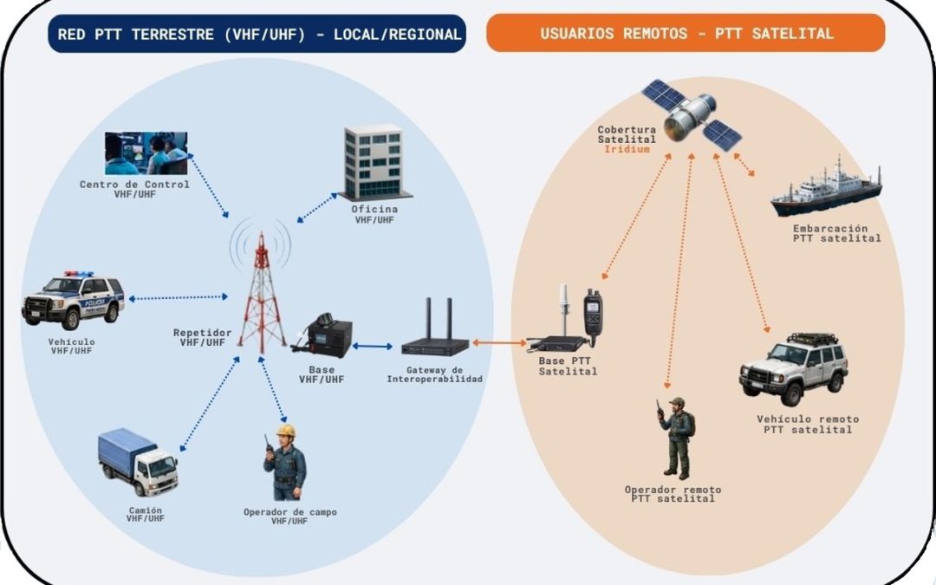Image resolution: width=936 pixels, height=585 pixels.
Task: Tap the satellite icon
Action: [692, 114]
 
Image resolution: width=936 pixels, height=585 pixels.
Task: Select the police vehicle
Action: [73, 300]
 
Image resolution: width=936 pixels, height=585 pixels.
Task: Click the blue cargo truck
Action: [138, 461]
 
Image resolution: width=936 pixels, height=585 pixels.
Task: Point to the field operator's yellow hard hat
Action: [286, 431]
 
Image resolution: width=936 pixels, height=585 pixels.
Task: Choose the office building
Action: [374, 162]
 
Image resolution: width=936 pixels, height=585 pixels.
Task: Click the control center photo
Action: [146, 153]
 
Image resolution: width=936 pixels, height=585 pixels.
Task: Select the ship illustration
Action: [826, 187]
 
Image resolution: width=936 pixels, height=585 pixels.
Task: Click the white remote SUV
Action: [793, 368]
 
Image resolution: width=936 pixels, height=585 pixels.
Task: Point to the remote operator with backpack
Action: [676, 439]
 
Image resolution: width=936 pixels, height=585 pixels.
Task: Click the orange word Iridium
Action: [627, 149]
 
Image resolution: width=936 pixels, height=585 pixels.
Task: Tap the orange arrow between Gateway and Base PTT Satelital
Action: [500, 343]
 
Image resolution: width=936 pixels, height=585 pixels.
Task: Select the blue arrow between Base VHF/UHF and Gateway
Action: [373, 346]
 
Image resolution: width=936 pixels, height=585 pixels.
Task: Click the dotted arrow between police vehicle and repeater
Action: [179, 297]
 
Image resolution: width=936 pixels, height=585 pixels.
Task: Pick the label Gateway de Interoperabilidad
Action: [434, 374]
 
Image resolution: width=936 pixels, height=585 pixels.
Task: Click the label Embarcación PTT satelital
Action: [837, 233]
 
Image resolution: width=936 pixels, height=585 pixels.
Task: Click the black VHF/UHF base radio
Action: [322, 335]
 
